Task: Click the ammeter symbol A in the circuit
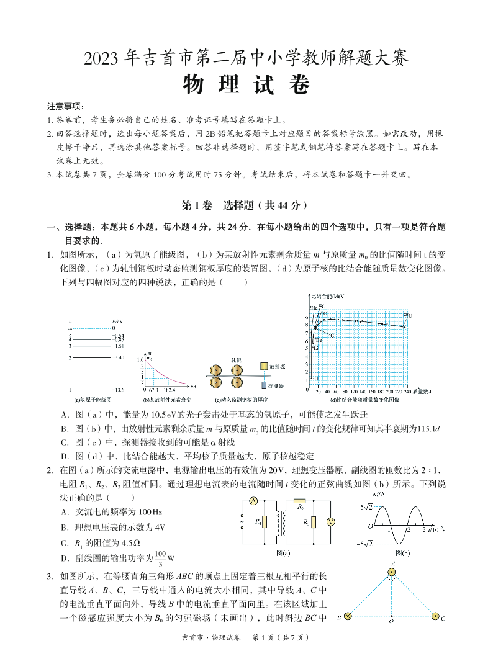point(253,501)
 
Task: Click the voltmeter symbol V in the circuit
point(331,522)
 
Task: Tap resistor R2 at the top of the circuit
point(299,500)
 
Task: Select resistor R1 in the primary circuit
point(264,522)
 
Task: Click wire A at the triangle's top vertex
point(392,571)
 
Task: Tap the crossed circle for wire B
point(348,616)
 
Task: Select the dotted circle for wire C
point(435,616)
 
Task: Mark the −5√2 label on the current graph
point(364,544)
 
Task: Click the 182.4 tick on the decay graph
point(170,389)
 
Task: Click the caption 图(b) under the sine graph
point(402,553)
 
